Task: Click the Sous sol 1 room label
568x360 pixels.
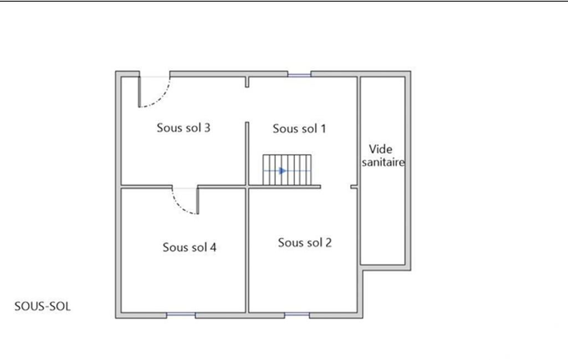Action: (299, 128)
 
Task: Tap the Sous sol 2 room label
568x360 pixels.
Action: (305, 242)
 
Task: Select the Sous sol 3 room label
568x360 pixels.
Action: (183, 127)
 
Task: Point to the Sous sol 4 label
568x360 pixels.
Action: (190, 247)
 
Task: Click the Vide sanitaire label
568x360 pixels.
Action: (383, 156)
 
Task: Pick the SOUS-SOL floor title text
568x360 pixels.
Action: (42, 306)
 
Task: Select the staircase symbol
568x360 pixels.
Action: (287, 170)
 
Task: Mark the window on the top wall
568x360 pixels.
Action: (299, 75)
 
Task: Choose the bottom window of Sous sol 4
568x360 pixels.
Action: (181, 315)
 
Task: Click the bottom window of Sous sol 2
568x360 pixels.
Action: (296, 315)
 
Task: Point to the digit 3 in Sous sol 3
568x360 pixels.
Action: (207, 127)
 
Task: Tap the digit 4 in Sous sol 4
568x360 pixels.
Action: (213, 247)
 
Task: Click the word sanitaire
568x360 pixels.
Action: (383, 162)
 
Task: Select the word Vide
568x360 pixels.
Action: (380, 149)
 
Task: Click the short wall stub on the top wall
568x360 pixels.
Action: (247, 82)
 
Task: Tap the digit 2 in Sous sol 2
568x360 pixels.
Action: (328, 242)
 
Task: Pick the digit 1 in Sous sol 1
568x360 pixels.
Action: (323, 128)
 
